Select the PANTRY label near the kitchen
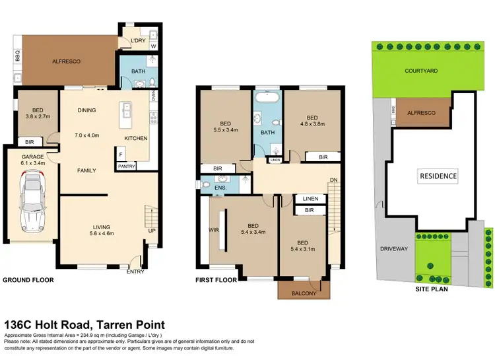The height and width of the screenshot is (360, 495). click(x=126, y=166)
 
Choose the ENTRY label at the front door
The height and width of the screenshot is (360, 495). click(x=135, y=271)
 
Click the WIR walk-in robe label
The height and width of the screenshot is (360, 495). click(x=214, y=231)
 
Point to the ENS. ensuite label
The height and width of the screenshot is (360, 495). click(x=220, y=188)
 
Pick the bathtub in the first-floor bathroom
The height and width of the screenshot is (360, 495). click(x=267, y=100)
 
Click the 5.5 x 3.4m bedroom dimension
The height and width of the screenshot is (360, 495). click(x=226, y=131)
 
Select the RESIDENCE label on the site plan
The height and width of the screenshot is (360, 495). click(x=438, y=176)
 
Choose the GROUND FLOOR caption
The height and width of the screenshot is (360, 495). click(x=28, y=280)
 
